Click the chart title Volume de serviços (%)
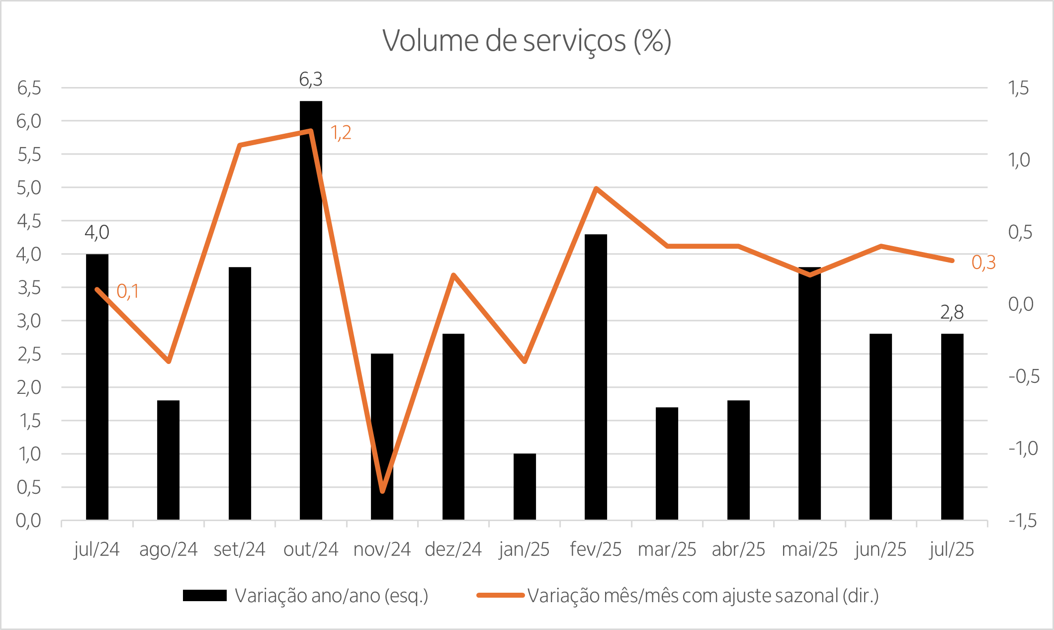[x=527, y=41]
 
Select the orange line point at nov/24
[x=382, y=491]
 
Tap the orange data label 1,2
[x=341, y=133]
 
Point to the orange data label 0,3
[x=983, y=263]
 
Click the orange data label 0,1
[x=128, y=291]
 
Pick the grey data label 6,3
[x=311, y=79]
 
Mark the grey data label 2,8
[x=952, y=312]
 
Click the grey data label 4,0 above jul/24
[x=97, y=232]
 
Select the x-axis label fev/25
[x=596, y=549]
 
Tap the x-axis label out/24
[x=311, y=549]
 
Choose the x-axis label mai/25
[x=809, y=549]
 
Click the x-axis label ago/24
[x=169, y=549]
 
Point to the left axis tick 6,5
[x=29, y=88]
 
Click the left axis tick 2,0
[x=29, y=387]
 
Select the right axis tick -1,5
[x=1023, y=521]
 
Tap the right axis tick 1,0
[x=1019, y=160]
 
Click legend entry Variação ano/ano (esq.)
[x=332, y=595]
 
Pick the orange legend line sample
[x=500, y=595]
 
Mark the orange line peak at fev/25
[x=596, y=188]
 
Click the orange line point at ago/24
[x=169, y=361]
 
